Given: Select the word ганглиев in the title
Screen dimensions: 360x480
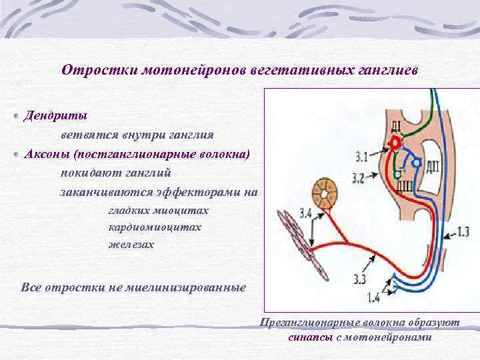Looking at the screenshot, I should click(x=386, y=70).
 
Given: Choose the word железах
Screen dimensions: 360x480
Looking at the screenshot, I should click(x=131, y=245).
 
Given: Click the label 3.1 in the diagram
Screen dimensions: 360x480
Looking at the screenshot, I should click(x=361, y=157).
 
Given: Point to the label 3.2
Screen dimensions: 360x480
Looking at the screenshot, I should click(x=358, y=177).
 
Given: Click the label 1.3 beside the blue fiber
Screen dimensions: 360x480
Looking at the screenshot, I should click(x=463, y=231).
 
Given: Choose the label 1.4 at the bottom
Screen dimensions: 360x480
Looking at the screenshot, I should click(x=373, y=297).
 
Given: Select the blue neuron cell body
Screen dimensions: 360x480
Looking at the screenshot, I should click(x=417, y=162).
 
